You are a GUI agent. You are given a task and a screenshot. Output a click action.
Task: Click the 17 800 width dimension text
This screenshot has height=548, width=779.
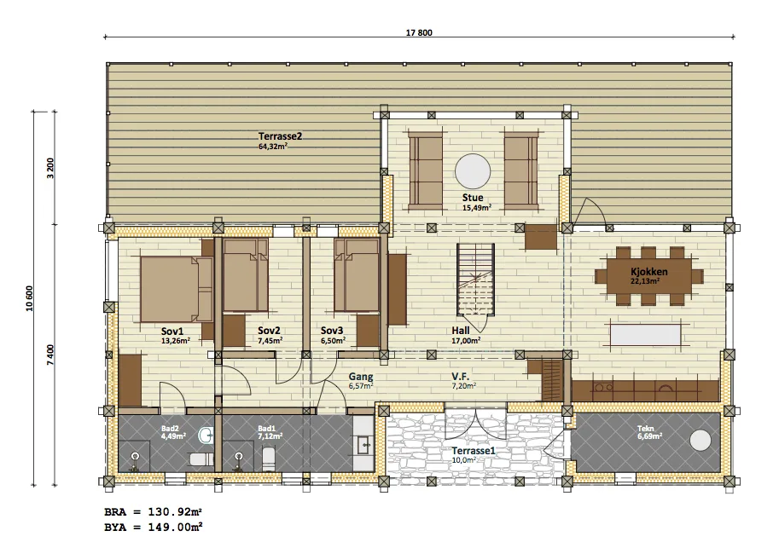pos(419,32)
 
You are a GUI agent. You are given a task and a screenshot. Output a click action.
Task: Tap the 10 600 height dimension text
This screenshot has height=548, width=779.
pos(29,298)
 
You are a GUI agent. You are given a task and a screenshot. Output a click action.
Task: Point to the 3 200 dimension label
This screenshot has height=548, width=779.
pos(50,168)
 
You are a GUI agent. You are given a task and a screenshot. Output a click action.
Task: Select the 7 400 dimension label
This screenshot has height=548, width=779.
pos(50,355)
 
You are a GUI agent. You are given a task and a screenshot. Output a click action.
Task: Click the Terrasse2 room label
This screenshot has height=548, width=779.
pos(280,136)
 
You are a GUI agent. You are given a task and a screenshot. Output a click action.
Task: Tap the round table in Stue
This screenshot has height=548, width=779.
pos(473,171)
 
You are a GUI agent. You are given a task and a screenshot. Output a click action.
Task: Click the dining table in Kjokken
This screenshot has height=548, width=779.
pos(649,276)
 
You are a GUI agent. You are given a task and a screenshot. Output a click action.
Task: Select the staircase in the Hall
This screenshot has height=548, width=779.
pos(475,280)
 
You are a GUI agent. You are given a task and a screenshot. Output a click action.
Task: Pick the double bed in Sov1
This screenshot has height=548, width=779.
pos(177,289)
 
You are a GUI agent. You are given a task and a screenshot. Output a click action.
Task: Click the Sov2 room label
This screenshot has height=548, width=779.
pos(269,331)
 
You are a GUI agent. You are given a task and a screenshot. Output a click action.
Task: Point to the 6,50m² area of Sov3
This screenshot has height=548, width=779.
pos(334,341)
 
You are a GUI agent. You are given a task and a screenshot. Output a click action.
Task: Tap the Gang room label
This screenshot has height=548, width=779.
pos(361,377)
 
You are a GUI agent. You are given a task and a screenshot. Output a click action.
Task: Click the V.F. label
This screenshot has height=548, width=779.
pos(461,377)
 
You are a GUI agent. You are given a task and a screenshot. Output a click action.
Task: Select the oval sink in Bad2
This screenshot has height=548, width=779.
pos(206,436)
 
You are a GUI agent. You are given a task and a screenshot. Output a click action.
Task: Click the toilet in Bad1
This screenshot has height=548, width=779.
pos(268,459)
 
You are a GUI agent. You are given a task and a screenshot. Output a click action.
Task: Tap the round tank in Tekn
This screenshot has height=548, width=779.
pos(701,440)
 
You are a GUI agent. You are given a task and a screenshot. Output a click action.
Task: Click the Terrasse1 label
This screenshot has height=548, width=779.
pos(474,451)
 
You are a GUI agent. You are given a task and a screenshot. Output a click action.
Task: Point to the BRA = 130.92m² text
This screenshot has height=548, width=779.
pos(153,511)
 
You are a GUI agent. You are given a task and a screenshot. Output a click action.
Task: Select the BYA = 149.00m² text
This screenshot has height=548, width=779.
pos(153,528)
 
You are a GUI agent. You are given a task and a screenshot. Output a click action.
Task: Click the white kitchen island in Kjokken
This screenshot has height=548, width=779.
pos(645,335)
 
